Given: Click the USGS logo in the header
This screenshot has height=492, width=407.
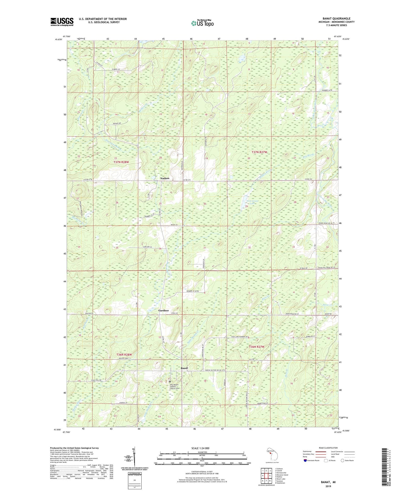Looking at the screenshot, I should pyautogui.click(x=62, y=21).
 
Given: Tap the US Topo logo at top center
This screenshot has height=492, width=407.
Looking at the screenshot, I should pyautogui.click(x=202, y=23).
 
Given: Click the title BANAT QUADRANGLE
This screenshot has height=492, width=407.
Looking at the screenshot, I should pyautogui.click(x=336, y=18).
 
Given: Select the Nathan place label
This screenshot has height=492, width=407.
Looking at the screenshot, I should pyautogui.click(x=165, y=178).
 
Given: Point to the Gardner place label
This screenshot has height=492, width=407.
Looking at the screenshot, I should pyautogui.click(x=164, y=310).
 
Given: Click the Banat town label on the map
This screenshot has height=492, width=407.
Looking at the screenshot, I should pyautogui.click(x=185, y=368).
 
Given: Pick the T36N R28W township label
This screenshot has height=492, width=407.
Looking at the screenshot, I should pyautogui.click(x=124, y=355).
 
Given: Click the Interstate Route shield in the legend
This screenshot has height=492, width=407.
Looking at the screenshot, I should pyautogui.click(x=306, y=460).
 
